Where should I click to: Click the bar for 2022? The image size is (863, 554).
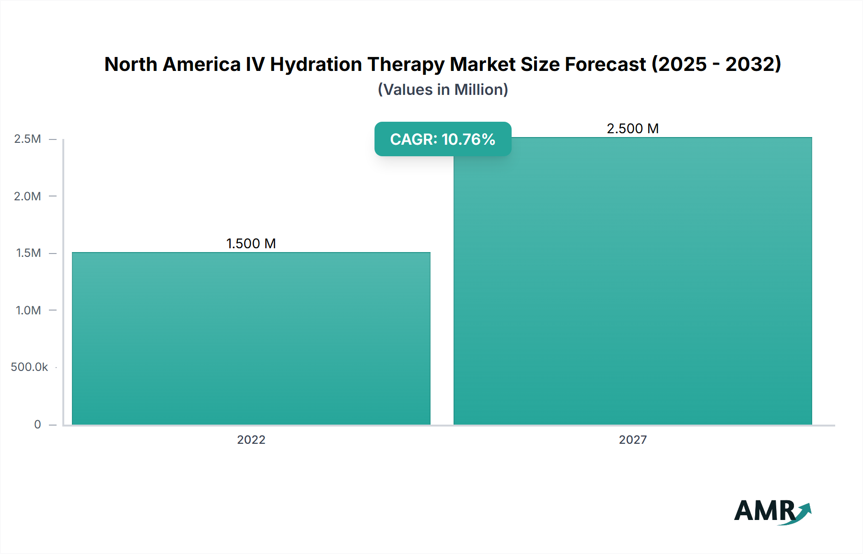pyautogui.click(x=251, y=338)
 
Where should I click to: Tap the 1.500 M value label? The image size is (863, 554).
pyautogui.click(x=251, y=243)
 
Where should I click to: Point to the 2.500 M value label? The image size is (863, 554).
pyautogui.click(x=632, y=128)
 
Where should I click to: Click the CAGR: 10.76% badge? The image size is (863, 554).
pyautogui.click(x=443, y=139)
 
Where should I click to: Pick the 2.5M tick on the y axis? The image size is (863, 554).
pyautogui.click(x=27, y=139)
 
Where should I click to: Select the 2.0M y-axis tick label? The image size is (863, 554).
pyautogui.click(x=27, y=196)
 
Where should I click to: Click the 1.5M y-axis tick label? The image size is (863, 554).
pyautogui.click(x=28, y=253)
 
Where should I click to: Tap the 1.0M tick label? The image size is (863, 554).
pyautogui.click(x=28, y=310)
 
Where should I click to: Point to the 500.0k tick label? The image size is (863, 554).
pyautogui.click(x=29, y=367)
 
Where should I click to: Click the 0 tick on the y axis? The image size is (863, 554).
pyautogui.click(x=37, y=424)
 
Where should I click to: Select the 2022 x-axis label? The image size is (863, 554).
pyautogui.click(x=251, y=439)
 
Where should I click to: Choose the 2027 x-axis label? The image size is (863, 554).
pyautogui.click(x=632, y=439)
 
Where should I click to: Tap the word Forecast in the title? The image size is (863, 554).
pyautogui.click(x=605, y=64)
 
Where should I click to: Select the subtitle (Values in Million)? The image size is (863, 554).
pyautogui.click(x=443, y=90)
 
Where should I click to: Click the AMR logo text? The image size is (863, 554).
pyautogui.click(x=765, y=511)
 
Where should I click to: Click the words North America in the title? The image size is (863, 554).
pyautogui.click(x=172, y=64)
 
